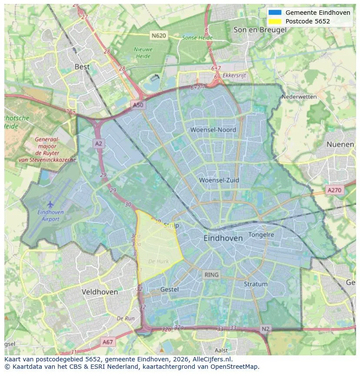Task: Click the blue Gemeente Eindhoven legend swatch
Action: click(275, 13)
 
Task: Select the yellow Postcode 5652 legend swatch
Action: click(275, 21)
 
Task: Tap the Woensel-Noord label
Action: click(213, 130)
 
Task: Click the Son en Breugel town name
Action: click(260, 30)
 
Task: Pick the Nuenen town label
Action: click(340, 144)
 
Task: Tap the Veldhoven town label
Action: click(100, 292)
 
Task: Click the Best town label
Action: click(82, 67)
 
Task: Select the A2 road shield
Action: click(99, 143)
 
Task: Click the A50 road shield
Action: click(138, 105)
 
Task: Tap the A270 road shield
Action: click(334, 190)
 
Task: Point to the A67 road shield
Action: click(108, 342)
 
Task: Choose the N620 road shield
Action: click(159, 35)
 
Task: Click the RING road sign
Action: click(212, 275)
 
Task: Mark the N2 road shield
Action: click(266, 329)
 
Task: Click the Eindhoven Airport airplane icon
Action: click(50, 204)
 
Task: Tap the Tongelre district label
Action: click(261, 235)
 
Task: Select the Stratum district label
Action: click(256, 284)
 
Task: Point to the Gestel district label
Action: click(170, 289)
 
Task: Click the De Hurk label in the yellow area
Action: click(158, 261)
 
